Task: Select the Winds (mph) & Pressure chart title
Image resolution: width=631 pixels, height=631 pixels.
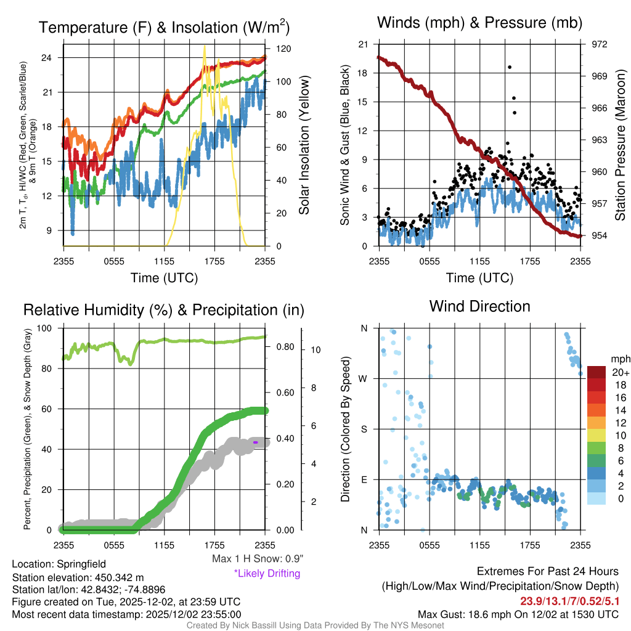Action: pos(480,23)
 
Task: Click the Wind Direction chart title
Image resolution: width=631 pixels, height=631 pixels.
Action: pos(479,306)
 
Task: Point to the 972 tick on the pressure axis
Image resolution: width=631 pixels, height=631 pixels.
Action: pos(600,44)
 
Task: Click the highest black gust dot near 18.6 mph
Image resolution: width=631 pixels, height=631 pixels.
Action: pos(510,67)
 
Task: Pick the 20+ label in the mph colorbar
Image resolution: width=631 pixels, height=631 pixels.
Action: pos(621,372)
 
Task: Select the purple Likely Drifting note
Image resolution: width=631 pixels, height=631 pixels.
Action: pos(267,573)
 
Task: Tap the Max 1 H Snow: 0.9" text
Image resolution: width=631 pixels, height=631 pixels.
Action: pos(258,559)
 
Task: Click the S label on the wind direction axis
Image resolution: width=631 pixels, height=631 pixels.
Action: pos(364,429)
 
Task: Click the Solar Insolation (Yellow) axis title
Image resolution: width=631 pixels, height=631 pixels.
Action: pos(304,145)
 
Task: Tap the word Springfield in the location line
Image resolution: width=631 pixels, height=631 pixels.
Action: pos(81,564)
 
